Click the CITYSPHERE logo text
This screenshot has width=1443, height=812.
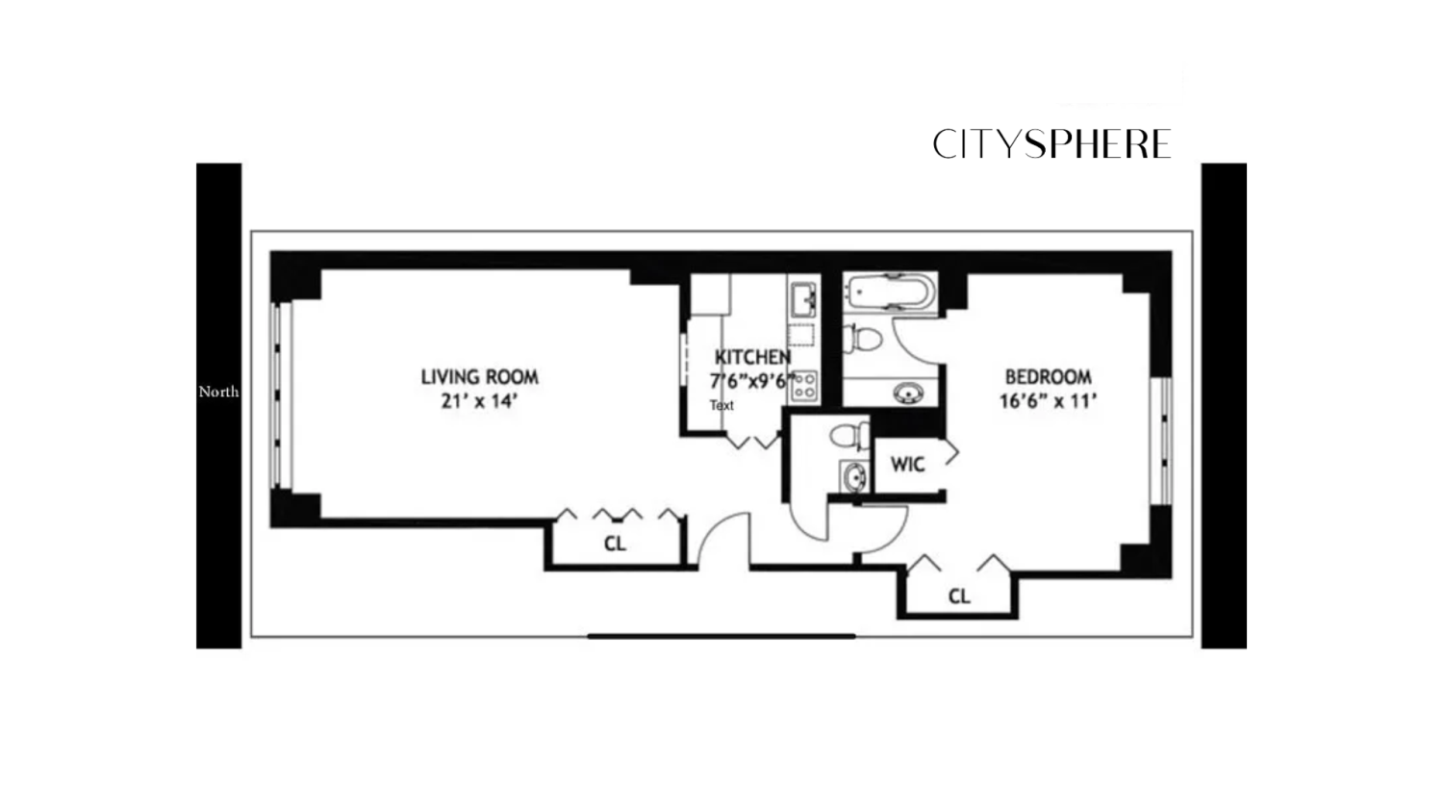pos(1051,144)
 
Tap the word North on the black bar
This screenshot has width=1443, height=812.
pos(218,392)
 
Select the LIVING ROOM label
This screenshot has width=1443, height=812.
pos(479,377)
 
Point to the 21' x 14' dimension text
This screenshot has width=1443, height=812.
pos(479,401)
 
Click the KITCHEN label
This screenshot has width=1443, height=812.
pos(752,357)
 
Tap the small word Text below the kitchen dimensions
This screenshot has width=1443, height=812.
pos(721,405)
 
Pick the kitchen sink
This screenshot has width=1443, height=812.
pos(802,299)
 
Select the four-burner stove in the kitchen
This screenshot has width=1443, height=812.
pos(804,387)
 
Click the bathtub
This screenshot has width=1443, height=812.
pos(890,292)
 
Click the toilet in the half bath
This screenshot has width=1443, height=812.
pos(848,436)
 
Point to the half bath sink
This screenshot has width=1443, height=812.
pos(853,475)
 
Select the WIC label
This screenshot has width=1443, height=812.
pos(907,465)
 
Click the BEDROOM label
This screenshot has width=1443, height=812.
pos(1048,377)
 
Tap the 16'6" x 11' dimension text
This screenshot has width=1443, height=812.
pos(1048,401)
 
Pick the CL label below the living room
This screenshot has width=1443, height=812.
pos(615,544)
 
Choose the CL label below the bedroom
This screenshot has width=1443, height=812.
pos(959,596)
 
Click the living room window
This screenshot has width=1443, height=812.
pos(280,394)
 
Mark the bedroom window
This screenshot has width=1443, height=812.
pos(1163,440)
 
